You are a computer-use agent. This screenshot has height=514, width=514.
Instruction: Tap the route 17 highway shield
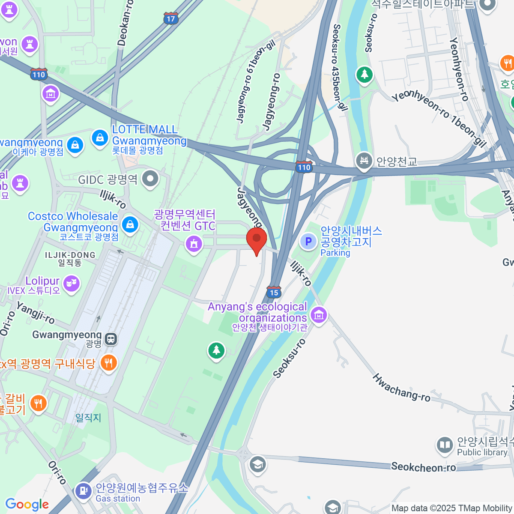click(x=171, y=18)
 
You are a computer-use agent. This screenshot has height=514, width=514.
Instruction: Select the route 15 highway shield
click(x=274, y=292)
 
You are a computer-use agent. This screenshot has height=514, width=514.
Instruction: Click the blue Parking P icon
click(x=308, y=242)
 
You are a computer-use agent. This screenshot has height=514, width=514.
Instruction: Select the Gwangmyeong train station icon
click(x=111, y=339)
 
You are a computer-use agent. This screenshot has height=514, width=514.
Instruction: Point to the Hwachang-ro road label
click(x=401, y=388)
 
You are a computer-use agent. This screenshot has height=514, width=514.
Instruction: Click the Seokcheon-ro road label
click(x=423, y=467)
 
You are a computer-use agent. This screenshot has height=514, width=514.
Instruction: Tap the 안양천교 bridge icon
click(x=364, y=161)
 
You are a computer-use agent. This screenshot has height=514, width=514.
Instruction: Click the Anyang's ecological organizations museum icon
click(x=319, y=316)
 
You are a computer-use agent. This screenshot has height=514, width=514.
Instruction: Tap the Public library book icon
click(x=445, y=445)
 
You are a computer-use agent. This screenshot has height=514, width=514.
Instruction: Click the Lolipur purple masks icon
click(x=71, y=284)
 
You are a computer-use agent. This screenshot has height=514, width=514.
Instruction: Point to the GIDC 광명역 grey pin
click(x=150, y=179)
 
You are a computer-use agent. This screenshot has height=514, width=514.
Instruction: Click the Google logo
click(x=27, y=504)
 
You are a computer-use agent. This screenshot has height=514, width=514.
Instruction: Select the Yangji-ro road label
click(x=36, y=313)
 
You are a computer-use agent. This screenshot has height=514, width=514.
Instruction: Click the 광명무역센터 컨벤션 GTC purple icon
click(x=194, y=245)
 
